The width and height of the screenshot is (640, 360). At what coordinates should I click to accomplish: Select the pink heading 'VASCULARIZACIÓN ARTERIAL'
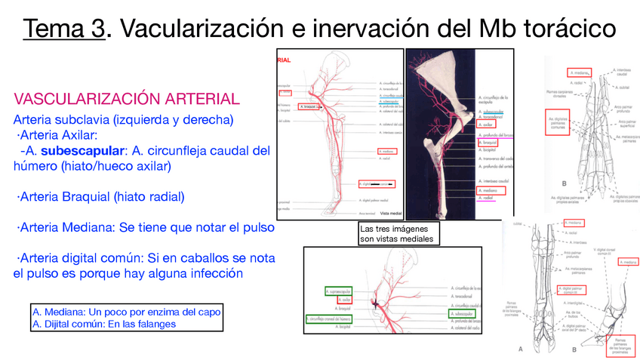(x=127, y=99)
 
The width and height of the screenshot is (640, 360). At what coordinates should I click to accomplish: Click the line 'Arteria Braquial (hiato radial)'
(x=100, y=196)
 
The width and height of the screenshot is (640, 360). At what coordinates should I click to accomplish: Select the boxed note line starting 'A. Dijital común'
(x=103, y=323)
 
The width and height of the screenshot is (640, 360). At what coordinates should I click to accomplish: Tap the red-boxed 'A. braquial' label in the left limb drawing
(x=309, y=107)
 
